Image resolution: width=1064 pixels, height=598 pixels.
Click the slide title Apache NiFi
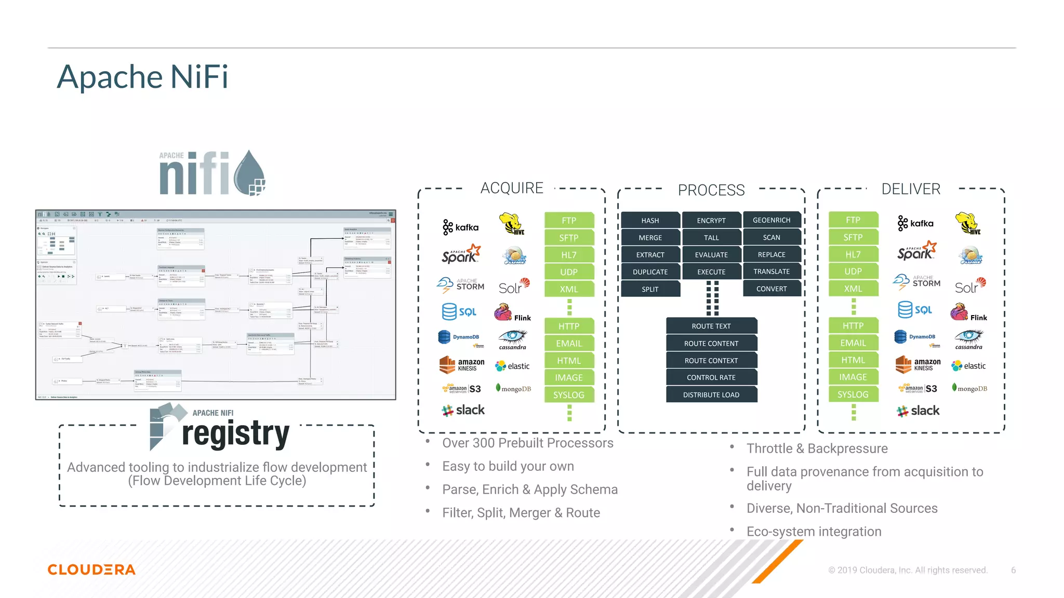142,77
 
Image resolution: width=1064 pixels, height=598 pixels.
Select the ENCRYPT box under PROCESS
711,220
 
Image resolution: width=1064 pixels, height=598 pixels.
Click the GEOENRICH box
772,220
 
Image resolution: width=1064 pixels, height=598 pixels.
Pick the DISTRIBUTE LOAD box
711,395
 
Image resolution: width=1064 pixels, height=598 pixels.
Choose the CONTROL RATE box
711,377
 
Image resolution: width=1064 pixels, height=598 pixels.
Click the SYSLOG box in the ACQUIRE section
568,395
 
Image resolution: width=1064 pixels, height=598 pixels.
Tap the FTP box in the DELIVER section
853,220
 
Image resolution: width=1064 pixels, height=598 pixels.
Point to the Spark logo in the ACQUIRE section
460,254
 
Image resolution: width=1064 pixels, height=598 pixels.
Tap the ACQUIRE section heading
511,188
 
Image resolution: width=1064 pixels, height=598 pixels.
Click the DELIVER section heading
910,189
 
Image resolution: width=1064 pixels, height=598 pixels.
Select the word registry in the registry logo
235,434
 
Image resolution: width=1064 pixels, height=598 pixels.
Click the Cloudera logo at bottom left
91,569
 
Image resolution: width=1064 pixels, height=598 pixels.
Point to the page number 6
1013,570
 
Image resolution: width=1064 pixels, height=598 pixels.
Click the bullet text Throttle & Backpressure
817,448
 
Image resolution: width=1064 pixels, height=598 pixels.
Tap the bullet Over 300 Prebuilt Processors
527,443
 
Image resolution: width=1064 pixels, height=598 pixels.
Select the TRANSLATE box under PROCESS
772,271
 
